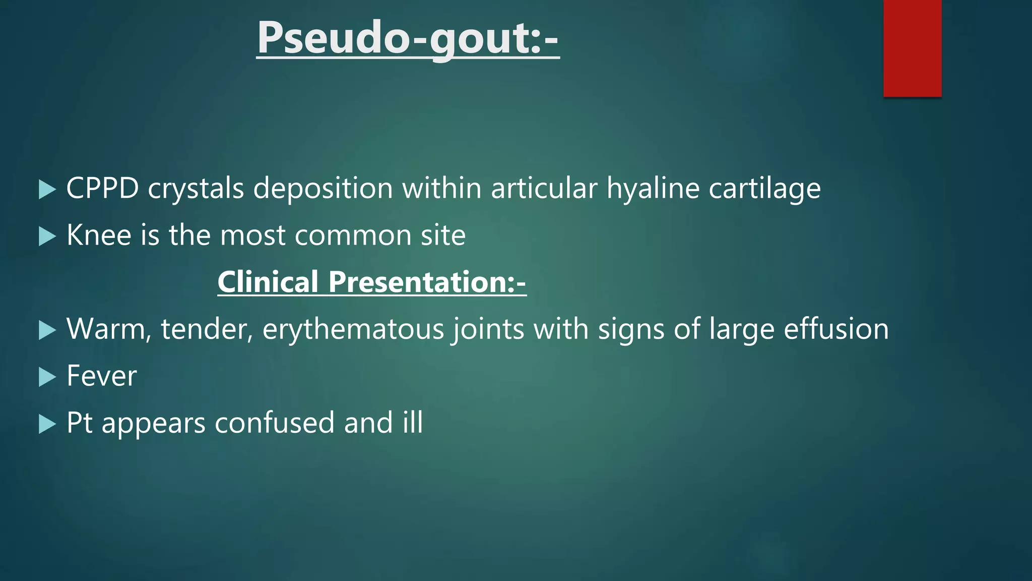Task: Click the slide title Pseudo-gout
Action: [x=408, y=38]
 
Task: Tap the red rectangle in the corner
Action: [x=912, y=48]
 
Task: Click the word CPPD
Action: [x=102, y=189]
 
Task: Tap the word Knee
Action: [x=99, y=235]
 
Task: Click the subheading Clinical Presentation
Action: [x=372, y=281]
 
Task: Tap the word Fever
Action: [x=101, y=376]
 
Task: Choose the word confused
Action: [x=274, y=423]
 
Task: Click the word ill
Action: [x=412, y=423]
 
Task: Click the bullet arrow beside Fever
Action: [x=47, y=377]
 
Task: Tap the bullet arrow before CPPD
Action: [x=47, y=190]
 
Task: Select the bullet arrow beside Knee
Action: [x=47, y=236]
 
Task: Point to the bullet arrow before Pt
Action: [x=47, y=424]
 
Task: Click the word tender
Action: [x=207, y=329]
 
